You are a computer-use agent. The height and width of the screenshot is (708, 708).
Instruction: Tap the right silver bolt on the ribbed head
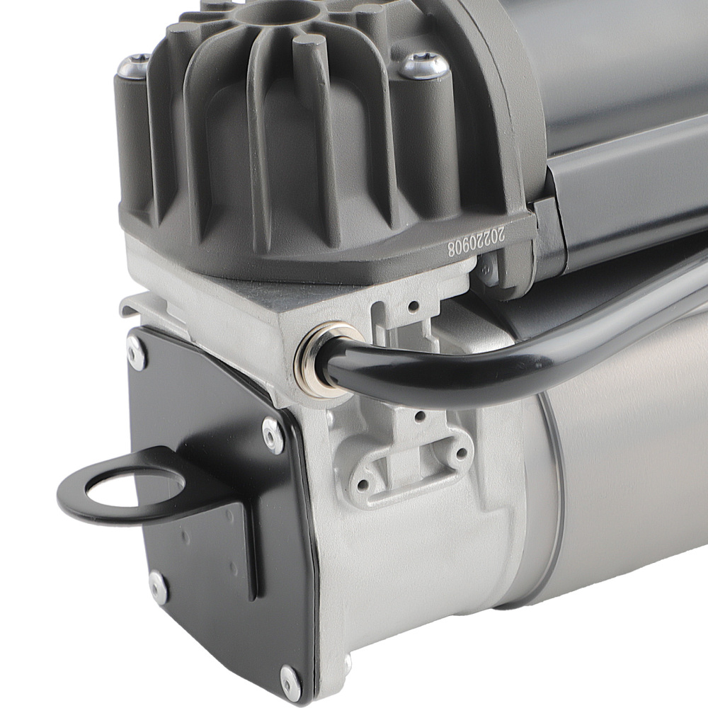[x=425, y=66]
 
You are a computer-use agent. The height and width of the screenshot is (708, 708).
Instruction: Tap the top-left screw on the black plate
[x=136, y=351]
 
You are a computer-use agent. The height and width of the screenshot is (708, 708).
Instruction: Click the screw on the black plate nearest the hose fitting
[x=273, y=433]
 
